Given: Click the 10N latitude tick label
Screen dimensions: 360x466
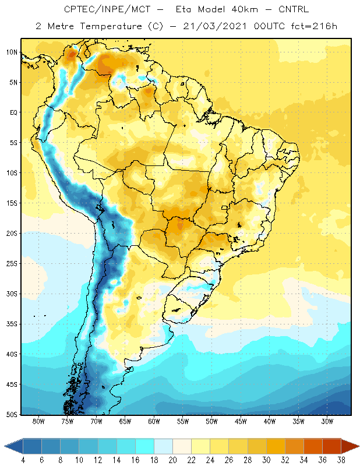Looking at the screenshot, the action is tap(12, 52).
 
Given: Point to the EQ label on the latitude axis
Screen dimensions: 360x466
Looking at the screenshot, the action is tap(13, 112).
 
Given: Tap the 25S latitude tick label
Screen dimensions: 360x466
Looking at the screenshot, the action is tap(12, 264).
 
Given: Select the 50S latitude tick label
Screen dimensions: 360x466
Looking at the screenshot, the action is tap(12, 414).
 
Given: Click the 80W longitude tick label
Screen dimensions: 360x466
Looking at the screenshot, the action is tap(38, 421).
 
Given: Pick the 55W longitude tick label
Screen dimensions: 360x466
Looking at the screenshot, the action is tap(183, 421).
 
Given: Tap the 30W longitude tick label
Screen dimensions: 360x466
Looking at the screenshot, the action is tap(327, 421).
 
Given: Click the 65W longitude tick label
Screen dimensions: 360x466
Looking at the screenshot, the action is tap(125, 421).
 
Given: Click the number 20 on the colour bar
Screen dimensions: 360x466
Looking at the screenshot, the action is tap(172, 460).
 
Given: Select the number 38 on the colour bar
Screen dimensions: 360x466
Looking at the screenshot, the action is tap(341, 460).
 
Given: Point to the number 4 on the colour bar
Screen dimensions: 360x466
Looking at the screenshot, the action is tap(23, 460).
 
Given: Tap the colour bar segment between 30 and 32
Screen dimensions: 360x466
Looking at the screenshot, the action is tap(276, 446).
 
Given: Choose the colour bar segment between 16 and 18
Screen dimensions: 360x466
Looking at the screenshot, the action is tap(145, 446).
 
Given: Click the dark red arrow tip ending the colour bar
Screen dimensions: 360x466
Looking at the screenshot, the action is tap(359, 446).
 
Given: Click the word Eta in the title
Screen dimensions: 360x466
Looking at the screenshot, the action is tap(183, 9).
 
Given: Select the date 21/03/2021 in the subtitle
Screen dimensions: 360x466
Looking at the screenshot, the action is tap(215, 26).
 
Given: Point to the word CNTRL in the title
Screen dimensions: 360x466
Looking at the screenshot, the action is tap(294, 9).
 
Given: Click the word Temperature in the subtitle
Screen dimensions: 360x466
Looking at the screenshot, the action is tap(111, 27).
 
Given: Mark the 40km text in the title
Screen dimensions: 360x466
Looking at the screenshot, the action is tap(245, 9).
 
